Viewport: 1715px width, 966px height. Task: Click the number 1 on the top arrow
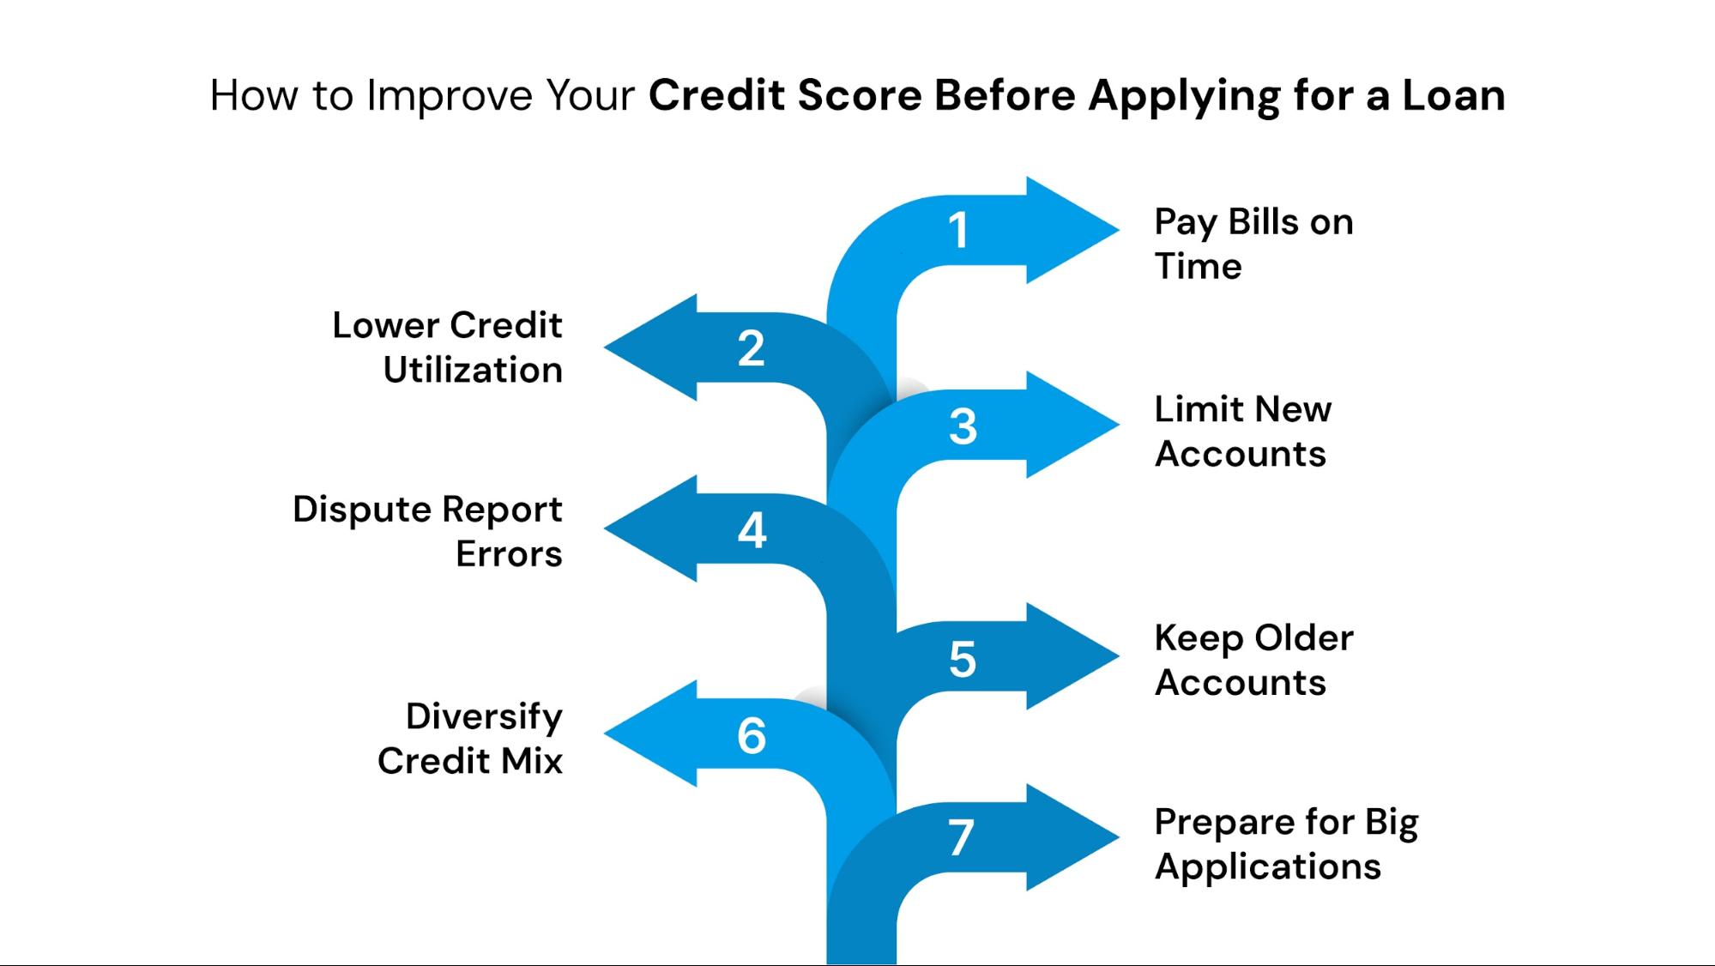958,230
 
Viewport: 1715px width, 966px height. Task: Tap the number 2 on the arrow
751,348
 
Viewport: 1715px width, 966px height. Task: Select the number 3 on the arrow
963,426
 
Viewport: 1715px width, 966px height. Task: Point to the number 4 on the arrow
752,530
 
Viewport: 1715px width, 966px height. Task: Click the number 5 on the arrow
963,659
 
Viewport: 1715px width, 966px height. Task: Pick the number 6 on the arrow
752,735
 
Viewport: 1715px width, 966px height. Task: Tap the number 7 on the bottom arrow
961,838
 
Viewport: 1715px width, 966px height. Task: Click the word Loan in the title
1453,94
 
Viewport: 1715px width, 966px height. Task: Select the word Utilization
473,370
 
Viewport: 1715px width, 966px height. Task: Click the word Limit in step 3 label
1193,408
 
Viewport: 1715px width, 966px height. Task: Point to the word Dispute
361,510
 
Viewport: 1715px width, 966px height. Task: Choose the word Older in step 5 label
1303,637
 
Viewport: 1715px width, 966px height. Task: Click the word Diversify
484,716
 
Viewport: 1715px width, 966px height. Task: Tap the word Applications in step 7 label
1267,866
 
